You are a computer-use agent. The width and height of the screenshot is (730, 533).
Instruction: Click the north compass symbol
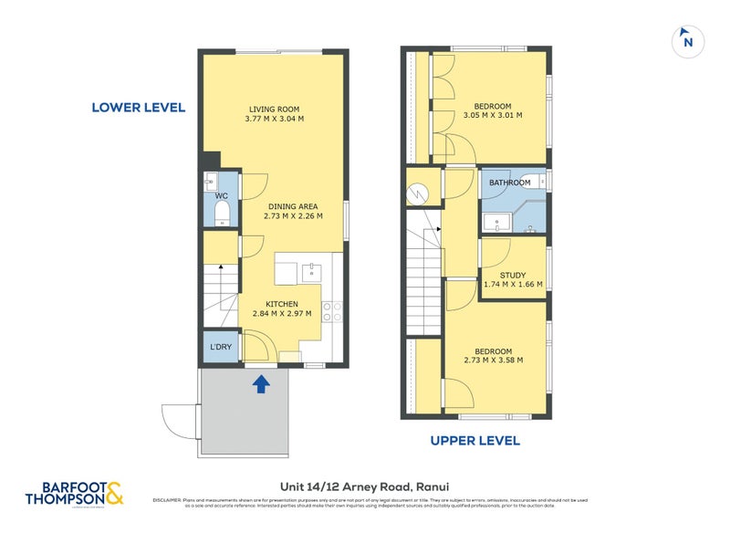[688, 41]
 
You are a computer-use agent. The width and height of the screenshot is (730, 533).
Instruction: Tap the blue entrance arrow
[261, 383]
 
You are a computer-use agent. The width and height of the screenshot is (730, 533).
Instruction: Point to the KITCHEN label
[282, 304]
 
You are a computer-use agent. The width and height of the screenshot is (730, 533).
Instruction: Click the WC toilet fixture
[221, 213]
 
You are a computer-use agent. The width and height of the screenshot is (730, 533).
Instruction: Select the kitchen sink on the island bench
[312, 270]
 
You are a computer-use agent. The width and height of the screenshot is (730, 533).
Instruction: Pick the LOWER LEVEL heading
[139, 108]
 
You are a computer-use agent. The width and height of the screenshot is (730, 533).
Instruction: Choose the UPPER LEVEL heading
[474, 441]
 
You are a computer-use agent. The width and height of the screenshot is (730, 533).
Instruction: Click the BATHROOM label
[509, 183]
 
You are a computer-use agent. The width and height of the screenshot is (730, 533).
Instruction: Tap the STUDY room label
[513, 275]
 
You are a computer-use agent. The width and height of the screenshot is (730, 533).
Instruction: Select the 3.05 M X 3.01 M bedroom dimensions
[493, 116]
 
